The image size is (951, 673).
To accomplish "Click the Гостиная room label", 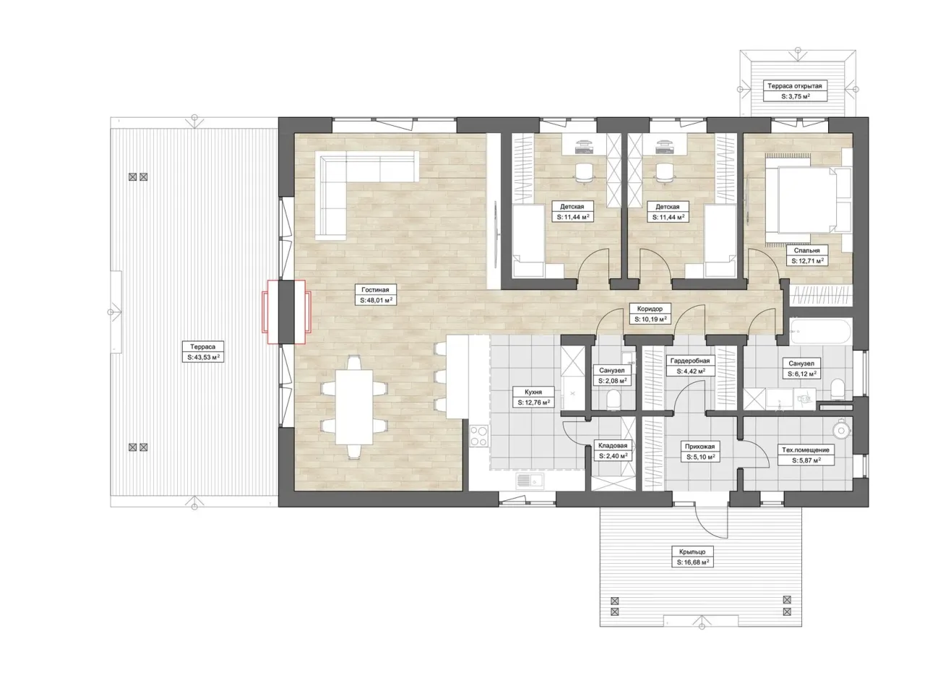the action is click(x=375, y=290).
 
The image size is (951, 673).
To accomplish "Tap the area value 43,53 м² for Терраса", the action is click(x=203, y=357).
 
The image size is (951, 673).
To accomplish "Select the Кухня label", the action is click(x=533, y=393).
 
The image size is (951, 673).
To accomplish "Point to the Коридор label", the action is click(x=650, y=309).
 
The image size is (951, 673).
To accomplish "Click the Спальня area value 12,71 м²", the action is click(x=807, y=261).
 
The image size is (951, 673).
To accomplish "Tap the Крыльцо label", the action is click(x=692, y=552).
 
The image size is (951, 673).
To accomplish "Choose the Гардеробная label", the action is click(x=690, y=361).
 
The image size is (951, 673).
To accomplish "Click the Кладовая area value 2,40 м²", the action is click(x=613, y=456).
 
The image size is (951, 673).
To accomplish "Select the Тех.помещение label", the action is click(x=805, y=450).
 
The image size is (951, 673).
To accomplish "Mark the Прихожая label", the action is click(x=700, y=446).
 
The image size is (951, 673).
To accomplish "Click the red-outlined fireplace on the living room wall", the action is click(x=286, y=312).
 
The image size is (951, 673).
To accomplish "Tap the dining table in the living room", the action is click(x=355, y=407).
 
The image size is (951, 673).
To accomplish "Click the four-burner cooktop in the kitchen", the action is click(x=479, y=436).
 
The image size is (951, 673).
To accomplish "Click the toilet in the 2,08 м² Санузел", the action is click(x=613, y=400).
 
